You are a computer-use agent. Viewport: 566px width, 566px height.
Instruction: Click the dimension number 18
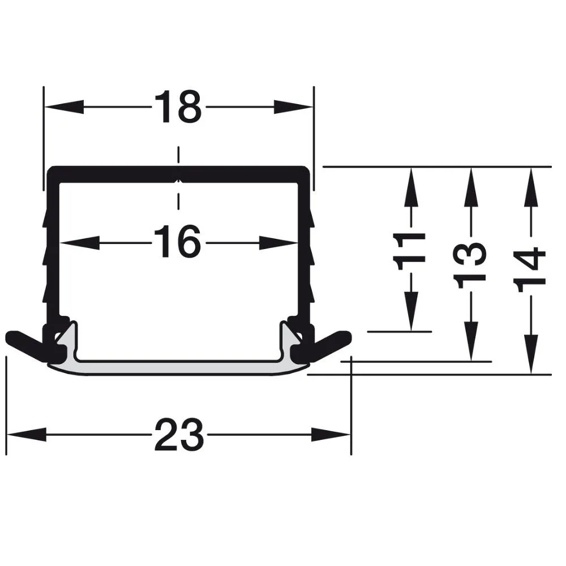point(178,107)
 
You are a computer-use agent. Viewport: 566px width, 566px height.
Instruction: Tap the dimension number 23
point(179,435)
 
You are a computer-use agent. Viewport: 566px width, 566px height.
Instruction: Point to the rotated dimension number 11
point(410,252)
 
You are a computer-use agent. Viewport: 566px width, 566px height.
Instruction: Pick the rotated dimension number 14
point(531,269)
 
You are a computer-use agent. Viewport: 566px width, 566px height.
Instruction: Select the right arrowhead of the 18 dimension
point(293,107)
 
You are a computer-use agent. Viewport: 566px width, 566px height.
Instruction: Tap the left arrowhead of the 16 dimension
point(79,243)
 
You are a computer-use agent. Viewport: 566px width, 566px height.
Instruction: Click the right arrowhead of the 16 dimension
point(278,243)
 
